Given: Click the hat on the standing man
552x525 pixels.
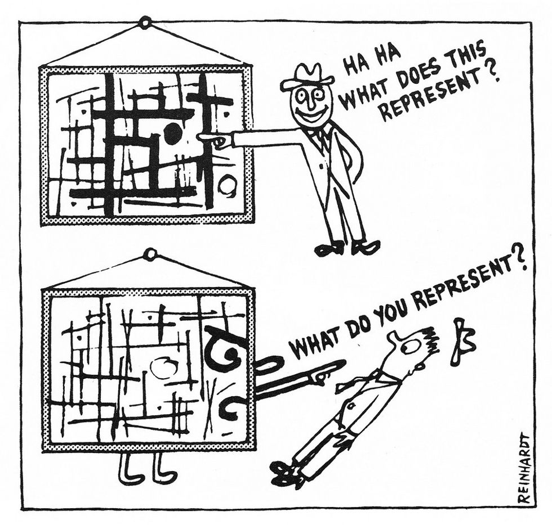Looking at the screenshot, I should (308, 77).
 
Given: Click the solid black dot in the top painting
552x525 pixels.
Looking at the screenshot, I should (172, 132).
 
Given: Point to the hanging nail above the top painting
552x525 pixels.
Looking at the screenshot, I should (145, 23).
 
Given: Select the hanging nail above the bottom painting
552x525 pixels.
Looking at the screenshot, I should (149, 255).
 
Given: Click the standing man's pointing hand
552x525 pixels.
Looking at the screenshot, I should (213, 139).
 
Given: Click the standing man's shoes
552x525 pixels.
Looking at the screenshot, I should (346, 247).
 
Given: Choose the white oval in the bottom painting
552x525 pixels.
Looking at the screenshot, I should (164, 368).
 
